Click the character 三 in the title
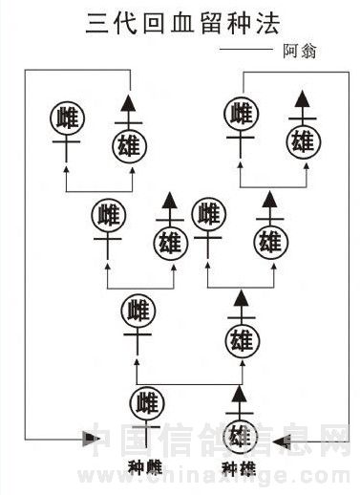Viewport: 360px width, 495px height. [97, 24]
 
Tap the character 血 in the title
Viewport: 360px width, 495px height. [182, 24]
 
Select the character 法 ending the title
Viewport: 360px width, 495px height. [268, 24]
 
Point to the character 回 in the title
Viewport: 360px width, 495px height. [154, 24]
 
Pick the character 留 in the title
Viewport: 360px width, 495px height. [211, 24]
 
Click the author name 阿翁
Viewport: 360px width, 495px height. [300, 51]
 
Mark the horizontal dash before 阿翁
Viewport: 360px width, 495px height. [246, 49]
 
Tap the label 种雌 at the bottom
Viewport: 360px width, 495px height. [145, 467]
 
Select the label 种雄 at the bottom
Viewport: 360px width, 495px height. [239, 468]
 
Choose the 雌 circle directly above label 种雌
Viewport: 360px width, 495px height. [147, 403]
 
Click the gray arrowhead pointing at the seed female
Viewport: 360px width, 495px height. [91, 440]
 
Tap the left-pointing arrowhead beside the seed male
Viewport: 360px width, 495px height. [282, 441]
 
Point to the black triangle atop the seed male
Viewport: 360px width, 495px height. [240, 394]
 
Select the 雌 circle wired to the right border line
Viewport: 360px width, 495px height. [241, 114]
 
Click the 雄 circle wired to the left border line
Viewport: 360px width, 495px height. [129, 146]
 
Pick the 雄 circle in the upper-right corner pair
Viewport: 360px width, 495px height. [304, 141]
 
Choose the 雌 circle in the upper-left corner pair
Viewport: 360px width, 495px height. [67, 118]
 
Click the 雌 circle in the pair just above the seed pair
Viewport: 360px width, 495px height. [138, 312]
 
